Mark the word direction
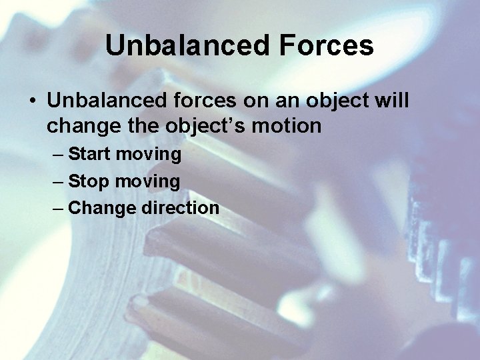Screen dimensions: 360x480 (x=180, y=208)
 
